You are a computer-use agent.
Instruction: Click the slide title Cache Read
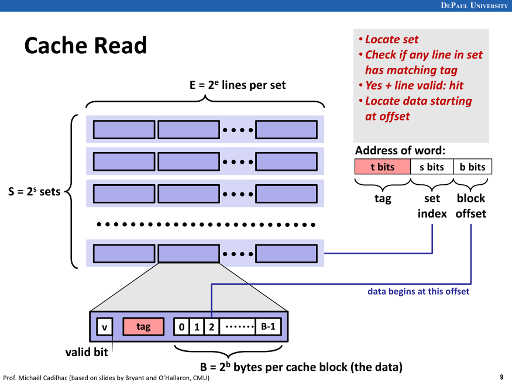85,46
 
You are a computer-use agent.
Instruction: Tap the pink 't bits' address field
383,167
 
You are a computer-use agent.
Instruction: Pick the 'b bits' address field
472,167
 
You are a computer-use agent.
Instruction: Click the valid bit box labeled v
104,327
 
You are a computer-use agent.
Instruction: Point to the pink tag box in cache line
143,327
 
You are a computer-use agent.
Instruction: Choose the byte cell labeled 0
182,327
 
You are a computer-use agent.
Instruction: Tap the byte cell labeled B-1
268,327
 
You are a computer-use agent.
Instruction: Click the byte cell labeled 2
212,327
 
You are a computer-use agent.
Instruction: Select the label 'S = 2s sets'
35,191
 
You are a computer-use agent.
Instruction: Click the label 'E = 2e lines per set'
238,85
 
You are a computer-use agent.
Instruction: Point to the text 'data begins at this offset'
418,291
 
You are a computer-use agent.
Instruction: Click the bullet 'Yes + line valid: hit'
414,85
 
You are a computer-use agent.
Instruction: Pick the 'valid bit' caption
87,353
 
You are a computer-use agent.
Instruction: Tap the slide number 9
501,377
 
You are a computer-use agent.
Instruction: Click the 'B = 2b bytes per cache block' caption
301,367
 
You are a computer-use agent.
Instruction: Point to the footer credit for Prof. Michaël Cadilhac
106,378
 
